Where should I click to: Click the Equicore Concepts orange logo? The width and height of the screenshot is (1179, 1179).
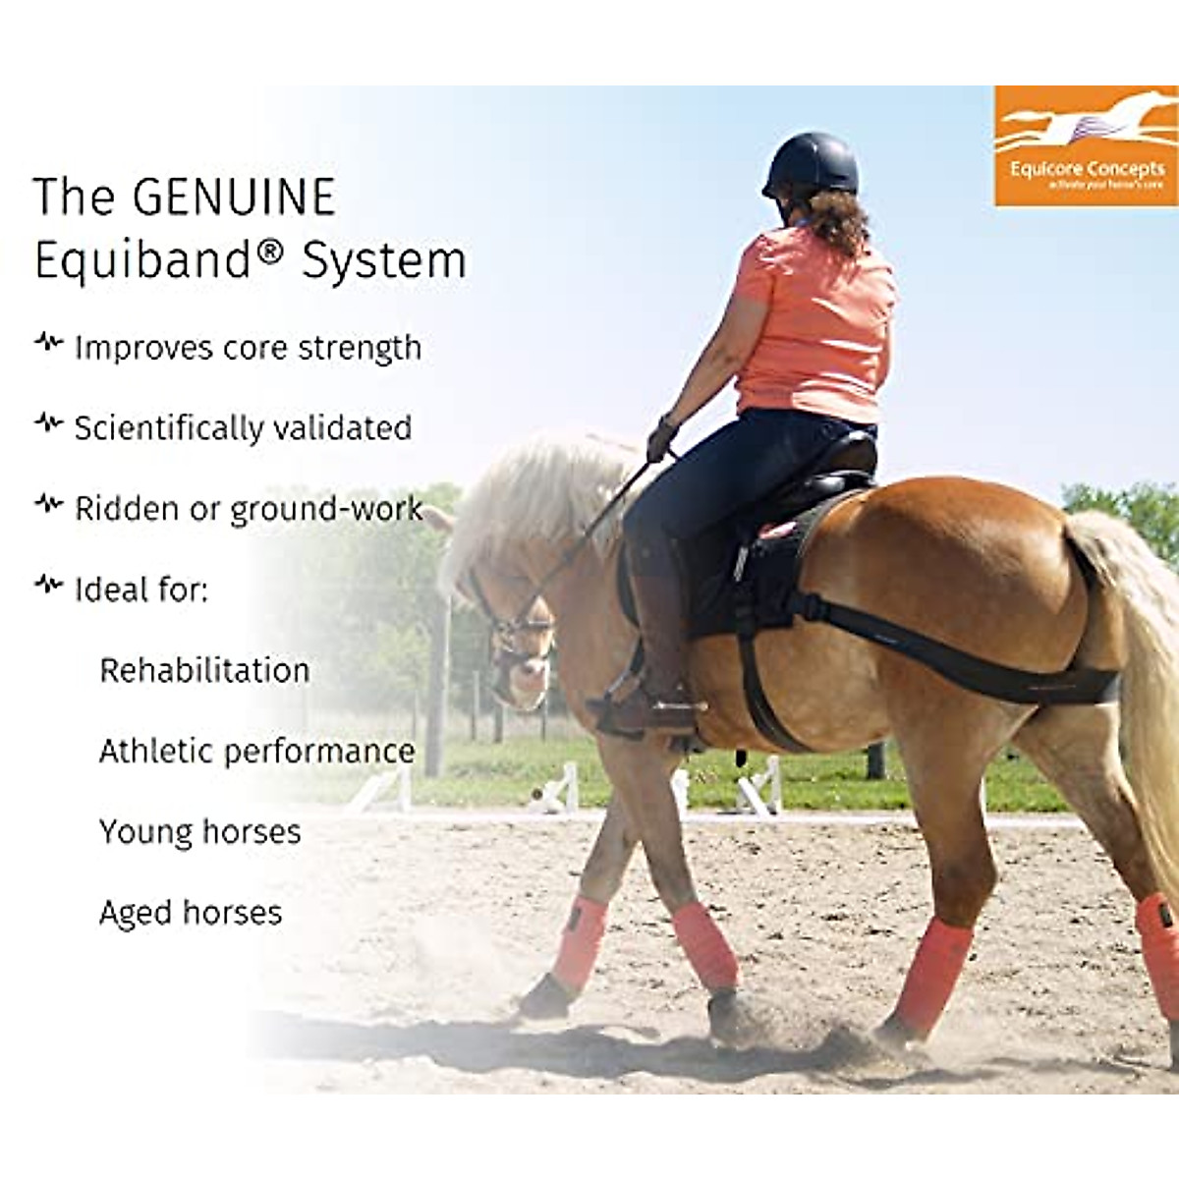1086,146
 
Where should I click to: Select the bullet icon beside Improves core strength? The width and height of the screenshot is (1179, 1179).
48,344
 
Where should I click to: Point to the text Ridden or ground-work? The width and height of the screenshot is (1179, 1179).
249,509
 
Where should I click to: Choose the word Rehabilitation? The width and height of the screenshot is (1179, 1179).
204,670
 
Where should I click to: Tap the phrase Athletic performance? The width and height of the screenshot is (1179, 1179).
256,752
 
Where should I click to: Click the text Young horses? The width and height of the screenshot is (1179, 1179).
199,832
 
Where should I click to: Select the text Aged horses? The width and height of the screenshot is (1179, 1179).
191,913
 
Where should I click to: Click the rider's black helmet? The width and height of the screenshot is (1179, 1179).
812,164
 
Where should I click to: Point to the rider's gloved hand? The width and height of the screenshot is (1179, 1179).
661,439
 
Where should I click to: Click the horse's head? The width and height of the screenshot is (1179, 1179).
516,629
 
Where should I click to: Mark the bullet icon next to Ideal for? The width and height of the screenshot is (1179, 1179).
48,586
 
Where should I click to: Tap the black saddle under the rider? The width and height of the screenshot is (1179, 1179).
825,481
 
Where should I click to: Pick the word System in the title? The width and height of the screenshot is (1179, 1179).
383,261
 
